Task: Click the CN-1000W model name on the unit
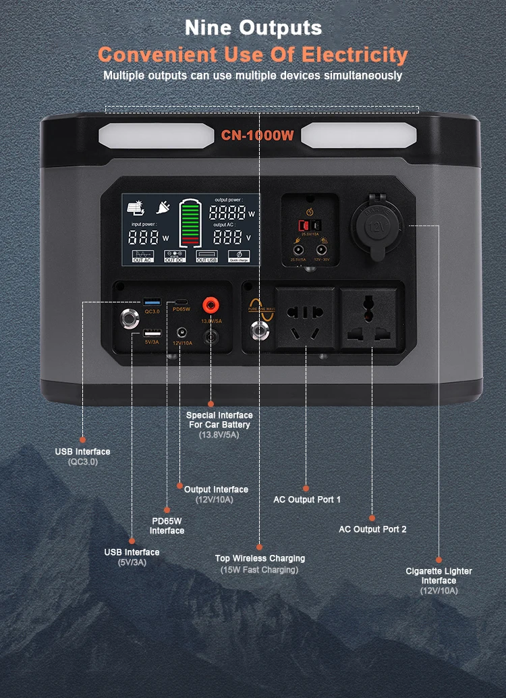257,136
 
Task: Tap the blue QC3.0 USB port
152,301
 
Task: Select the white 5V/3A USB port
152,333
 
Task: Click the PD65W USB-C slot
181,300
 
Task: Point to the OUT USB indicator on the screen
206,257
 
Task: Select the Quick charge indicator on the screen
240,257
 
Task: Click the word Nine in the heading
206,28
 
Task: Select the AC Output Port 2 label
372,529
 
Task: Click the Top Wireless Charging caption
260,558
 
